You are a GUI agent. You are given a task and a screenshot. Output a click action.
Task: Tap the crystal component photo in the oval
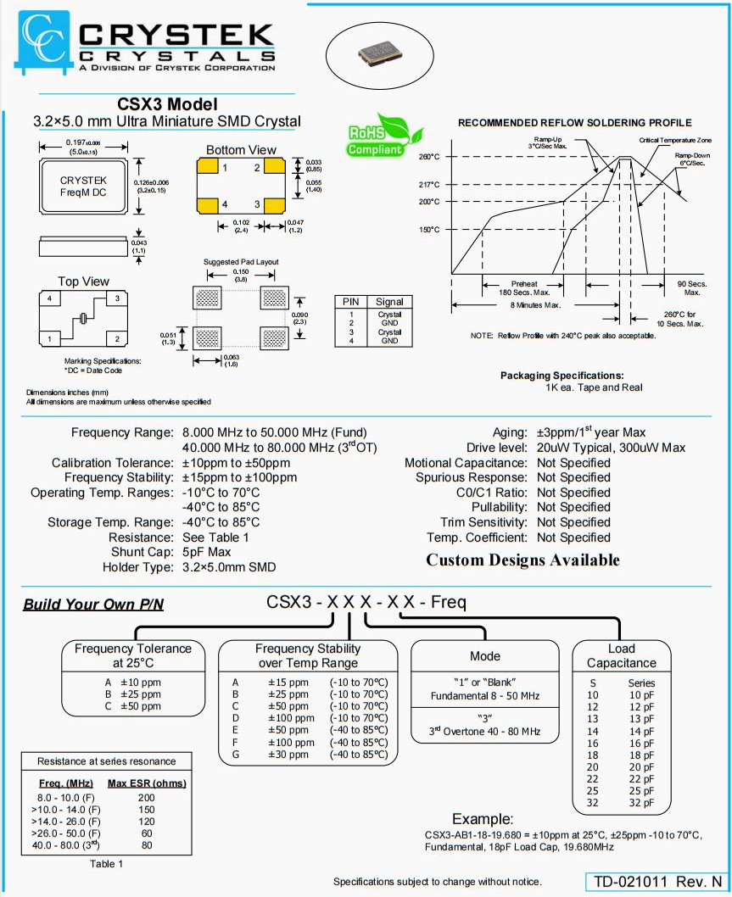[x=375, y=53]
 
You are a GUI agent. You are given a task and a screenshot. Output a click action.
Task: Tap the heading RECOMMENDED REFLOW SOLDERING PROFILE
[x=574, y=123]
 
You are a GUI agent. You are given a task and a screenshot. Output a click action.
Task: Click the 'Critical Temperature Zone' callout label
[x=674, y=139]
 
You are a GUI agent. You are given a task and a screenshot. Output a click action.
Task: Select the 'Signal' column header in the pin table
[x=389, y=302]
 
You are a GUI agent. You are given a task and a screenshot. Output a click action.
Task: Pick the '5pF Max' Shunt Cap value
[x=207, y=552]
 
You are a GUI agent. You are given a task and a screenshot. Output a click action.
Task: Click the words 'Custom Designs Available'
[x=522, y=560]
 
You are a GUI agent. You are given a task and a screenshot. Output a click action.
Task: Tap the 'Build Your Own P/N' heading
[x=93, y=604]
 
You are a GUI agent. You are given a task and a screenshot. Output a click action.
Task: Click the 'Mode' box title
[x=484, y=656]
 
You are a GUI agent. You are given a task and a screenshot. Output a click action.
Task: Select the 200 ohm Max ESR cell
[x=147, y=798]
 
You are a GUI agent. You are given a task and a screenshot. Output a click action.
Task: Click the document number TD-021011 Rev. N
[x=657, y=882]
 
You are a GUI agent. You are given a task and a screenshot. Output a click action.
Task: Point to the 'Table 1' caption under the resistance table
[x=107, y=864]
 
